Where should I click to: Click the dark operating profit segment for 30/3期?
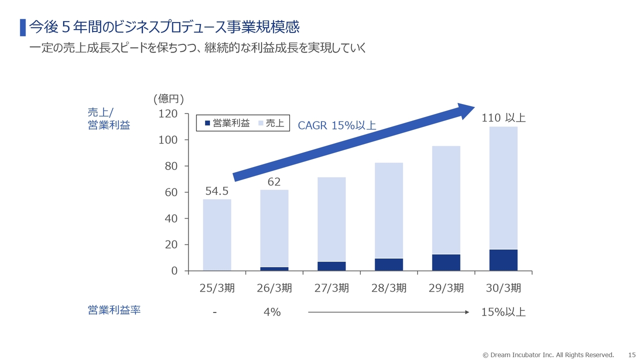503,260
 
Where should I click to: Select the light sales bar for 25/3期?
217,235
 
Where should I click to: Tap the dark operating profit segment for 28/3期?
388,264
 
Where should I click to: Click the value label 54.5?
217,191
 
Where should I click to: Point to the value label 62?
274,182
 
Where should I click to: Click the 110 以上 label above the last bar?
503,118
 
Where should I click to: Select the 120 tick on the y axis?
168,114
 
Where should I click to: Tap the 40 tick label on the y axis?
171,218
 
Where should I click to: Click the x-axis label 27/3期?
331,288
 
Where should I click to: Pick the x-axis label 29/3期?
446,288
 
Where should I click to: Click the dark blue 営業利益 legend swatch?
207,123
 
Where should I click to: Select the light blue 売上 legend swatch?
260,123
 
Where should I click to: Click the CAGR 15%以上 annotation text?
336,125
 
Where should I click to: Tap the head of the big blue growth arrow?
465,110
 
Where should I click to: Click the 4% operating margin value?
272,312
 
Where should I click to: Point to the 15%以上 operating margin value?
503,312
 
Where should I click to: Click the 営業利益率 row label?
114,310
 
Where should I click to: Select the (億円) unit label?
168,98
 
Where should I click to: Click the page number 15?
631,355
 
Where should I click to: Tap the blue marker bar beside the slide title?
22,27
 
